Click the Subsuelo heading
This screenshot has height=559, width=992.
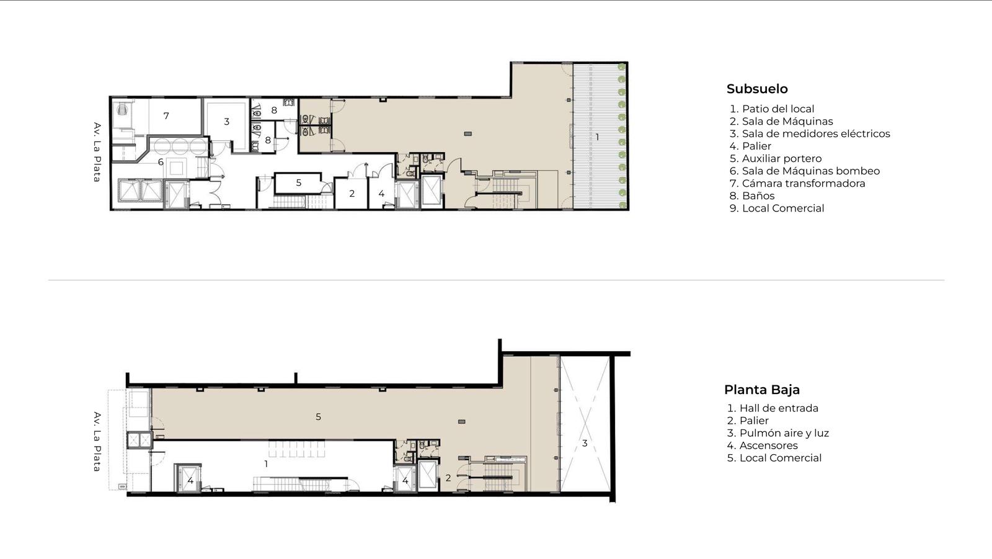point(757,89)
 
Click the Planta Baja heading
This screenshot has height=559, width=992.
point(762,390)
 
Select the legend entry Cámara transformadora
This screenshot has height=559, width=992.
point(797,183)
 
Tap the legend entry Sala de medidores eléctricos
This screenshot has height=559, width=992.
point(810,133)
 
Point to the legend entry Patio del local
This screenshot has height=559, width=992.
point(772,109)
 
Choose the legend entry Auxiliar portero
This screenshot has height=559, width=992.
point(776,158)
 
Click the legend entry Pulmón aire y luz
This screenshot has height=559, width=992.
point(777,432)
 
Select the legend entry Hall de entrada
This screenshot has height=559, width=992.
point(773,408)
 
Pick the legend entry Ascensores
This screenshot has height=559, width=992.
point(762,445)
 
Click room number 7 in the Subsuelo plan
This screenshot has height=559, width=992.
point(166,115)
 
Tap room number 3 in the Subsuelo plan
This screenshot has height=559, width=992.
point(227,121)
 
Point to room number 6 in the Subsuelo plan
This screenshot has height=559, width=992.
point(161,162)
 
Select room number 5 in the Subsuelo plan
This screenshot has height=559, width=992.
point(299,182)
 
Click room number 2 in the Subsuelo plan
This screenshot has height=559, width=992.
point(352,194)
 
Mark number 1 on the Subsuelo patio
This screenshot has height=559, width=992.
point(597,137)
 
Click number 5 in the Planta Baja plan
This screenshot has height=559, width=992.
point(319,416)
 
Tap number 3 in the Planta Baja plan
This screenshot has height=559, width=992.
point(585,443)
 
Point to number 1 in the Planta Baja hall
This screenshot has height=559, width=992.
point(266,463)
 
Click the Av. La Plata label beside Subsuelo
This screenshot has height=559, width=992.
point(97,152)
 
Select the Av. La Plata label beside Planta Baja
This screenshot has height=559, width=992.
point(97,442)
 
